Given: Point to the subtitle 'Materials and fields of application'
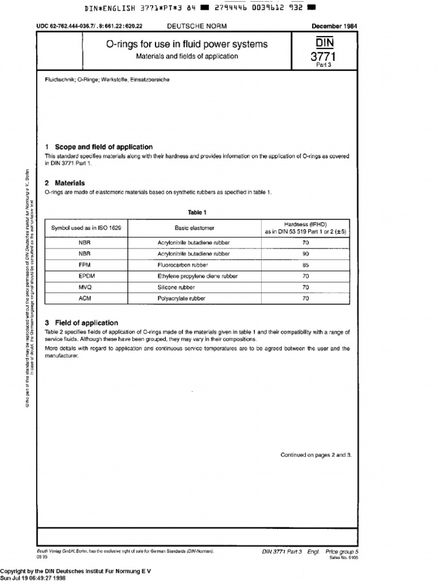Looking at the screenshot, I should point(187,57).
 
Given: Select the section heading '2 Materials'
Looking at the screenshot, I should point(65,183).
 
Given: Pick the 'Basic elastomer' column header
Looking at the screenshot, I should point(194,228).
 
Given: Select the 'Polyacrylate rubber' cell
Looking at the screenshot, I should point(181,298).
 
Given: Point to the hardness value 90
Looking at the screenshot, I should point(306,254).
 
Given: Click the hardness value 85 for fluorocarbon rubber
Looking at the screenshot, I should point(306,266).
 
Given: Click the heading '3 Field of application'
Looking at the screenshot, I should point(81,323).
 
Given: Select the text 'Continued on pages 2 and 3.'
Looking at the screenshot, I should point(316,455).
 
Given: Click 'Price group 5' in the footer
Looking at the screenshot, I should point(342,552).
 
